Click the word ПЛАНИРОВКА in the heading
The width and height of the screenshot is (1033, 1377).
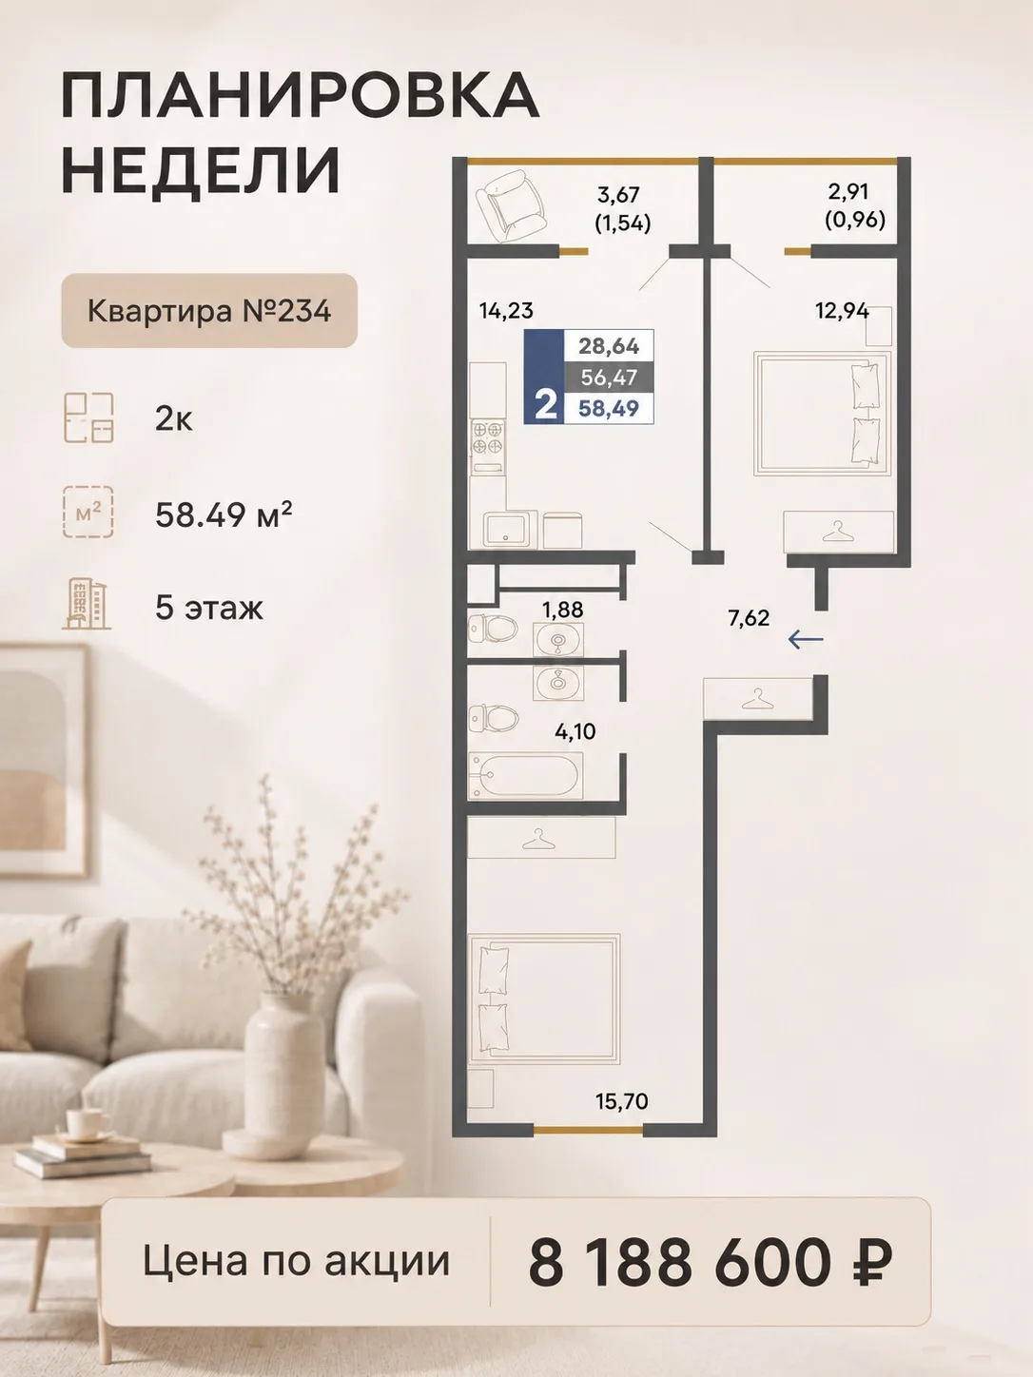(300, 96)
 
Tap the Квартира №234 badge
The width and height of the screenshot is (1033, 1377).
(209, 311)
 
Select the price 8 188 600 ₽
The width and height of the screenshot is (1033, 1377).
(710, 1262)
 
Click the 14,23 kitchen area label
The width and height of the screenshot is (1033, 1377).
(506, 310)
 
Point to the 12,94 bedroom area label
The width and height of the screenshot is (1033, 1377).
(843, 310)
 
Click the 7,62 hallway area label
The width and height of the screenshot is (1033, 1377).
(749, 618)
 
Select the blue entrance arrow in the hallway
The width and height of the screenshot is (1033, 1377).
(806, 640)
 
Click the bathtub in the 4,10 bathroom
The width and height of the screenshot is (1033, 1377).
(526, 776)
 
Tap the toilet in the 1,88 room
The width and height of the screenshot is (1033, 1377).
(493, 627)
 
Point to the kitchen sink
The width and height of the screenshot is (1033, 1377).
(510, 530)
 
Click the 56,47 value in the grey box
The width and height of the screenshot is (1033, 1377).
(609, 377)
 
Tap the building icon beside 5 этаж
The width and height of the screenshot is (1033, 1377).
(87, 604)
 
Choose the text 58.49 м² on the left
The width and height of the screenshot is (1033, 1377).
(224, 514)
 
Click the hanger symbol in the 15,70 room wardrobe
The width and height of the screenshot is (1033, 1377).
(538, 840)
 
